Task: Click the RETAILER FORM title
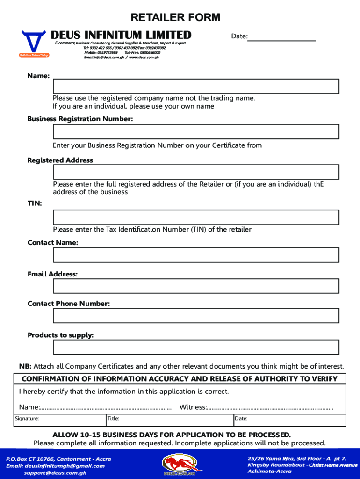click(x=175, y=18)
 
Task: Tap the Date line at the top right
click(x=281, y=37)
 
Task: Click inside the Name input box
click(x=196, y=87)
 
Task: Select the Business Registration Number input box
click(x=196, y=132)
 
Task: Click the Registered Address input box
click(x=196, y=172)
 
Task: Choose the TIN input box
click(x=196, y=218)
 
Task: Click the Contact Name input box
click(x=196, y=255)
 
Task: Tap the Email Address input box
click(x=196, y=286)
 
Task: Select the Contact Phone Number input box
click(x=196, y=316)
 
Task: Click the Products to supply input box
click(x=196, y=347)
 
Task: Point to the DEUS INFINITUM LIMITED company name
click(x=121, y=35)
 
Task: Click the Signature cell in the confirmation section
click(x=60, y=419)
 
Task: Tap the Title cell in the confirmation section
click(x=169, y=419)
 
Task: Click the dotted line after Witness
click(x=270, y=408)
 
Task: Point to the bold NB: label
click(x=25, y=366)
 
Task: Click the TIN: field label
click(x=35, y=203)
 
